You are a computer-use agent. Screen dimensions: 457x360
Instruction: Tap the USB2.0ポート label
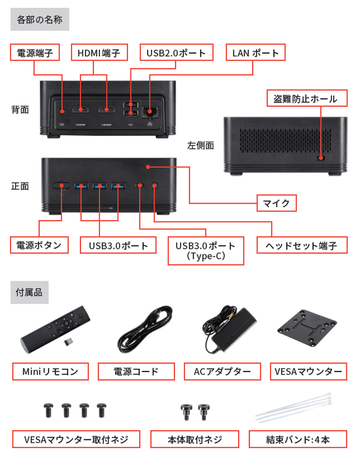[x=176, y=53]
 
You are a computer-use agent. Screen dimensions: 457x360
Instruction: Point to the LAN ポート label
[x=255, y=53]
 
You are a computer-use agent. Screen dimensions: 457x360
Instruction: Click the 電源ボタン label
[x=39, y=245]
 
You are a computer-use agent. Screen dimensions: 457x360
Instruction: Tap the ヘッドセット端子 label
[x=301, y=245]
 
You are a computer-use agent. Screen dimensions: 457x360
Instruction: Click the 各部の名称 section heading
[x=40, y=19]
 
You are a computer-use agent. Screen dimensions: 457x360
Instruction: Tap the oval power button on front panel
[x=62, y=185]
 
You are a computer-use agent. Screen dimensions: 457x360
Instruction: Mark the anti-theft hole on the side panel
[x=321, y=157]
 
